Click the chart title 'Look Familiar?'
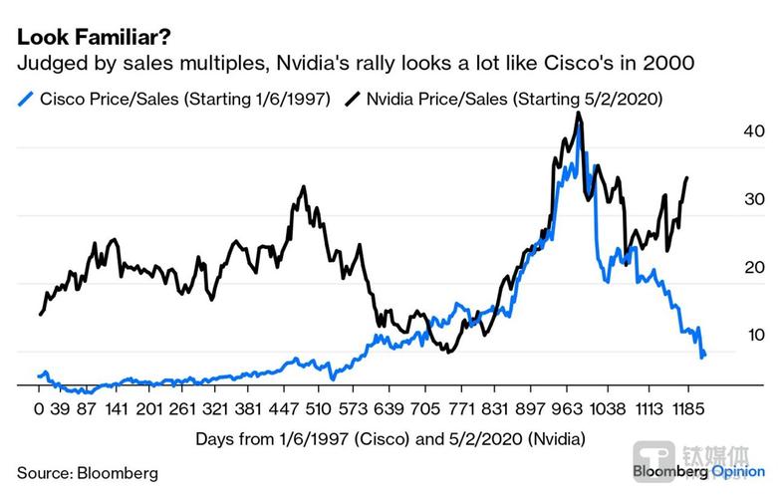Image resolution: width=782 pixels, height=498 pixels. coord(83,38)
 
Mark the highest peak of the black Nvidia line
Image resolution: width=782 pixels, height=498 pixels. coord(579,114)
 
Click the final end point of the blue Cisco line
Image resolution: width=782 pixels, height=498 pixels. coord(704,356)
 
